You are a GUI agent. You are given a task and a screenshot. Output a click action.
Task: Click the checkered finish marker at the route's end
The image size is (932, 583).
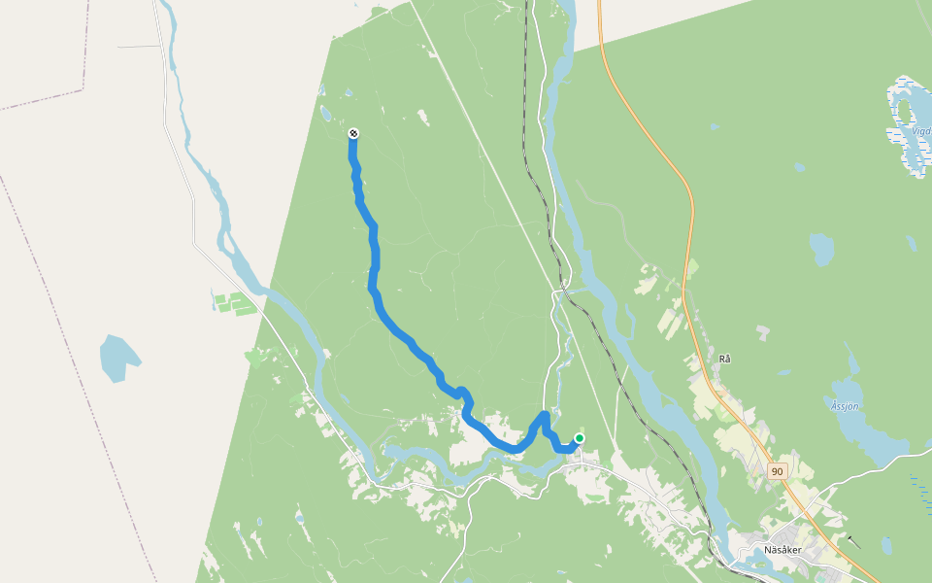tap(353, 133)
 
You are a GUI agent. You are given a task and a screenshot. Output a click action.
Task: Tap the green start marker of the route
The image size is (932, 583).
tap(580, 438)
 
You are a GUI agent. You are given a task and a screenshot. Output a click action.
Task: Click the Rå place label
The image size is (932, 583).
tap(724, 359)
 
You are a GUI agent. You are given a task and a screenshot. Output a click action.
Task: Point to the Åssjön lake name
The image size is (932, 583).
tap(846, 406)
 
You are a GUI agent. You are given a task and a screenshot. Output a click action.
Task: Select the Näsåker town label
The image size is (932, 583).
tap(782, 550)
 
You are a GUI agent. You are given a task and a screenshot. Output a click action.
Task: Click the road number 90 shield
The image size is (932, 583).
tap(777, 471)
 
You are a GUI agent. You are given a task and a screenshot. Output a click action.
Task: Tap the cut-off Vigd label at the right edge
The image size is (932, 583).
tap(920, 131)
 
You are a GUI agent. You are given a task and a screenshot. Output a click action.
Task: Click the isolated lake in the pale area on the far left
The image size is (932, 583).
tap(117, 358)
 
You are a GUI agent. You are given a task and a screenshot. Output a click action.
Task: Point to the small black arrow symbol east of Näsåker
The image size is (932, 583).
tap(853, 542)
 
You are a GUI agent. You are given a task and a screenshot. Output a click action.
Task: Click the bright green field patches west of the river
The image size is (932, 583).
tap(231, 303)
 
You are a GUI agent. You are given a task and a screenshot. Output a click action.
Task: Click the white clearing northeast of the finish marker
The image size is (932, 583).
tap(423, 118)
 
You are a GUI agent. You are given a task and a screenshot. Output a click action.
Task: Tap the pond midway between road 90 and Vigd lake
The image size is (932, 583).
tap(820, 249)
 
